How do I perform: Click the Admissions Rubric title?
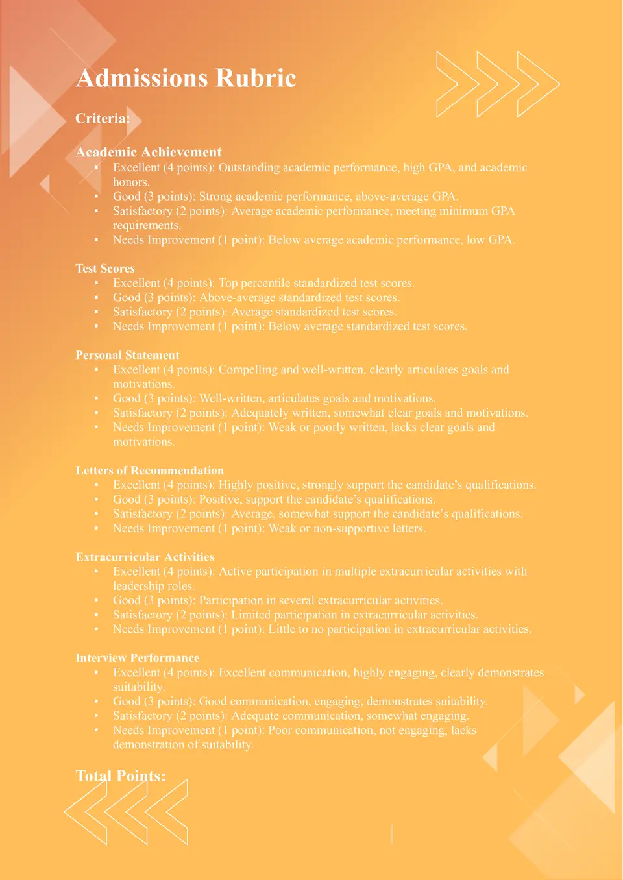point(186,78)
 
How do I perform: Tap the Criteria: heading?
point(103,118)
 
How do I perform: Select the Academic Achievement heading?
point(149,152)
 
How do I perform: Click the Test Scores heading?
point(105,269)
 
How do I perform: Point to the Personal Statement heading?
point(127,355)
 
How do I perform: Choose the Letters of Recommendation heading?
point(149,471)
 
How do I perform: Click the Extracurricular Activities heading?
point(145,557)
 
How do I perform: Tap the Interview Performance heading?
point(138,658)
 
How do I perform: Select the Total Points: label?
point(121,776)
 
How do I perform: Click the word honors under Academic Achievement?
point(130,182)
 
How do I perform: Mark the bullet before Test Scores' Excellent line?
point(96,283)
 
